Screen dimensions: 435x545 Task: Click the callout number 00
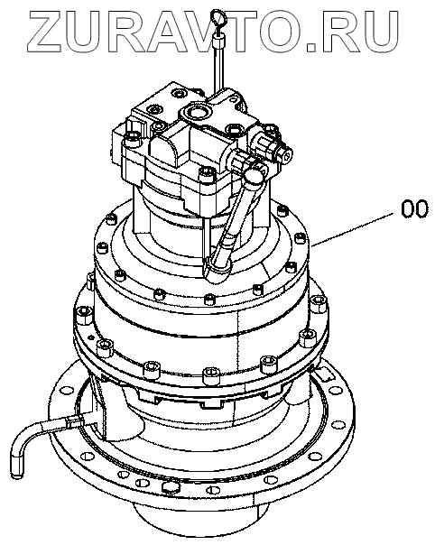click(x=413, y=209)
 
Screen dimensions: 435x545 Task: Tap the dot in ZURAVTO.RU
click(x=316, y=45)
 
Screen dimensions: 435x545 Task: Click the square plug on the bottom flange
click(x=171, y=486)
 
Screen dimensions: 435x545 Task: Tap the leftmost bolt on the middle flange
click(x=82, y=315)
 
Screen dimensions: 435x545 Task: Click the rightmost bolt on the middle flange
click(x=319, y=303)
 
